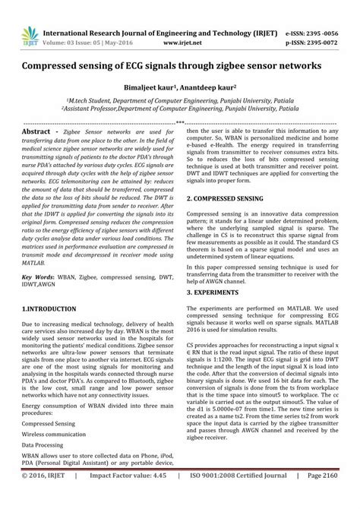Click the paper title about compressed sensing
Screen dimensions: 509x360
pos(180,66)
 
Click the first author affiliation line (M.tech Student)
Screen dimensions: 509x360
pos(180,100)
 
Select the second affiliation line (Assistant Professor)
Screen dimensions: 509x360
pos(180,109)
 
